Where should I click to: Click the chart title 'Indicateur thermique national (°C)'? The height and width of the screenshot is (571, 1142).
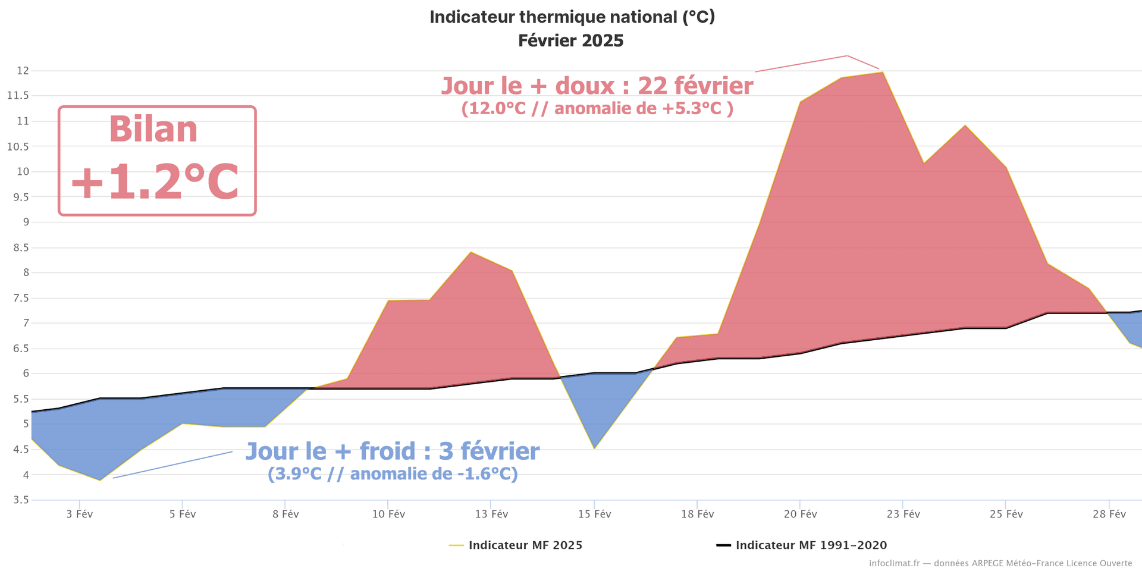(572, 17)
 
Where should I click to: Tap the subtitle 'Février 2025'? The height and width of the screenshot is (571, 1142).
(571, 40)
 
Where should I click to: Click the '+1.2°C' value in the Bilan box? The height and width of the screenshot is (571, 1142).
(155, 181)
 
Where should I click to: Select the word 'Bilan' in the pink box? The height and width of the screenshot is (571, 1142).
(153, 129)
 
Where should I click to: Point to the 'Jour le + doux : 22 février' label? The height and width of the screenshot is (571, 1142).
(597, 86)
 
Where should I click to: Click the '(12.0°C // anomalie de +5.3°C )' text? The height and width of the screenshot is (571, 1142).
(597, 109)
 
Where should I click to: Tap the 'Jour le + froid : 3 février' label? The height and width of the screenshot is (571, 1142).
(393, 451)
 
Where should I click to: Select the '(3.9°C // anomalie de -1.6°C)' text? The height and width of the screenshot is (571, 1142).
(393, 474)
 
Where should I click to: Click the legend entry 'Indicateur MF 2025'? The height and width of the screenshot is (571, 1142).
(525, 545)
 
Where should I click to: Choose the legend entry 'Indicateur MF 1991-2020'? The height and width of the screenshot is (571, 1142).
(811, 545)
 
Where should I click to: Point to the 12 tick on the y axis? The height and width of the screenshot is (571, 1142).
(23, 71)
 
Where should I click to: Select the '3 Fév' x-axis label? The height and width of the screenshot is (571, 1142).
(80, 514)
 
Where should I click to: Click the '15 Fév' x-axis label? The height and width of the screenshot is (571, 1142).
(594, 514)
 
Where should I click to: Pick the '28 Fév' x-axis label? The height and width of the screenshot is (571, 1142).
(1109, 514)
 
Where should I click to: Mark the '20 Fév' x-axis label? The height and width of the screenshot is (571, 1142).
(800, 514)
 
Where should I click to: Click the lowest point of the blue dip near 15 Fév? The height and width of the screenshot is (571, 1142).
(594, 448)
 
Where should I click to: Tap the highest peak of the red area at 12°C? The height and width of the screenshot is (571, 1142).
(882, 73)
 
